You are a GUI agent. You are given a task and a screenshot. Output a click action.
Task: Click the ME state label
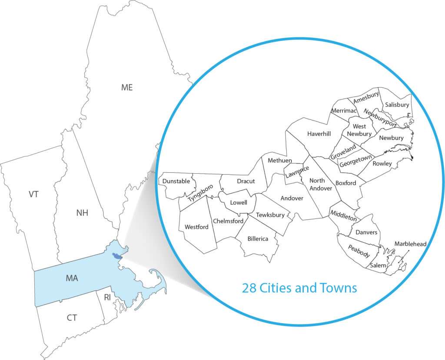pos(127,87)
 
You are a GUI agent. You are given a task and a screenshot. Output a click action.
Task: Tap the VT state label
pos(34,194)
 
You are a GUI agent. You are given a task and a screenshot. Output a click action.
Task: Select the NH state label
pos(82,213)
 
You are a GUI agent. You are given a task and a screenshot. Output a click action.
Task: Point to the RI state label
pos(107,297)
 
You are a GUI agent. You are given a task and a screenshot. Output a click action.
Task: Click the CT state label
pos(72,318)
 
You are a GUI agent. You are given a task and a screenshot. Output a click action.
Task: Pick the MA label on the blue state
pos(72,277)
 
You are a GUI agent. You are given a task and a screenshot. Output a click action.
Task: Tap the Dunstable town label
pos(176,181)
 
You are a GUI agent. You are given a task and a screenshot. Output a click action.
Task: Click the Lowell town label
pos(239,202)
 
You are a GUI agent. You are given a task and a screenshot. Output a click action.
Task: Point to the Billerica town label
pos(258,238)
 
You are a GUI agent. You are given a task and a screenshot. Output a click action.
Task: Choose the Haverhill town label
pos(319,134)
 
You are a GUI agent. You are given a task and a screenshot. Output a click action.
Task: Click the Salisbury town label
pos(397,105)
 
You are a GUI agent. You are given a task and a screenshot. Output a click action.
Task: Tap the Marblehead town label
pos(410,244)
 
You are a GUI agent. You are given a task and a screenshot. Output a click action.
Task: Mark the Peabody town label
pos(359,251)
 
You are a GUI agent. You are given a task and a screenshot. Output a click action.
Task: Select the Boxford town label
pos(345,183)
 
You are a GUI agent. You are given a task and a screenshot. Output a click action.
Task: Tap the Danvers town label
pos(366,232)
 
